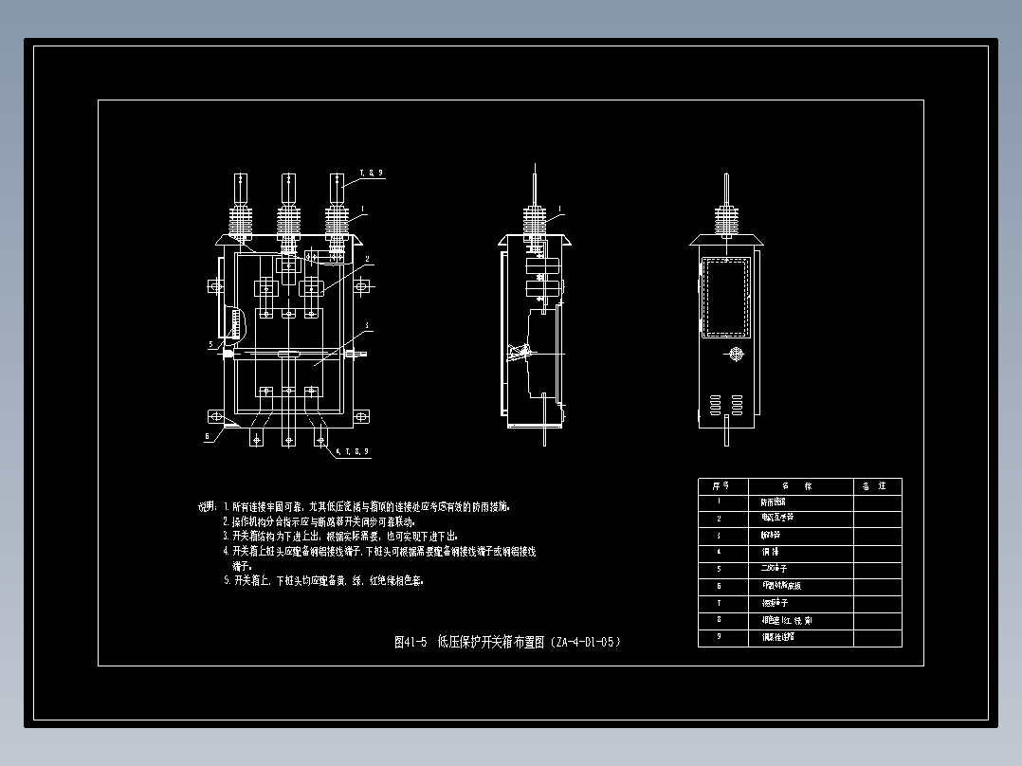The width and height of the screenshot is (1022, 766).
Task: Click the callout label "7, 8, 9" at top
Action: tap(371, 173)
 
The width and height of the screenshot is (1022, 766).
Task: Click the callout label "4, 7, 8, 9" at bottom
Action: tap(352, 451)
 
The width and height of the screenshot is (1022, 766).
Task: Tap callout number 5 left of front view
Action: tap(211, 344)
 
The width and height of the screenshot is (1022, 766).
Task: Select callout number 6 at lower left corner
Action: tap(208, 436)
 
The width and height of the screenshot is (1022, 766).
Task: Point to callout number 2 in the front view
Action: tap(367, 258)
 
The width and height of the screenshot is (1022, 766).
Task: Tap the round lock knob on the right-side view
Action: tap(731, 355)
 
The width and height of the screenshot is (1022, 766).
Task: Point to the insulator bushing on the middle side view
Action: tap(537, 224)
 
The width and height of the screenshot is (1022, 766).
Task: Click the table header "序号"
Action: tap(720, 485)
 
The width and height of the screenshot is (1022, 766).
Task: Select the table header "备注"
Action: tap(877, 485)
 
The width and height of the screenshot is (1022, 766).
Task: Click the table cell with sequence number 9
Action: tap(720, 637)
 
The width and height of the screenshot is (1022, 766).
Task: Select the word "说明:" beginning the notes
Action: tap(208, 507)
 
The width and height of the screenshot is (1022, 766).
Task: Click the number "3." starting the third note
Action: tap(227, 536)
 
